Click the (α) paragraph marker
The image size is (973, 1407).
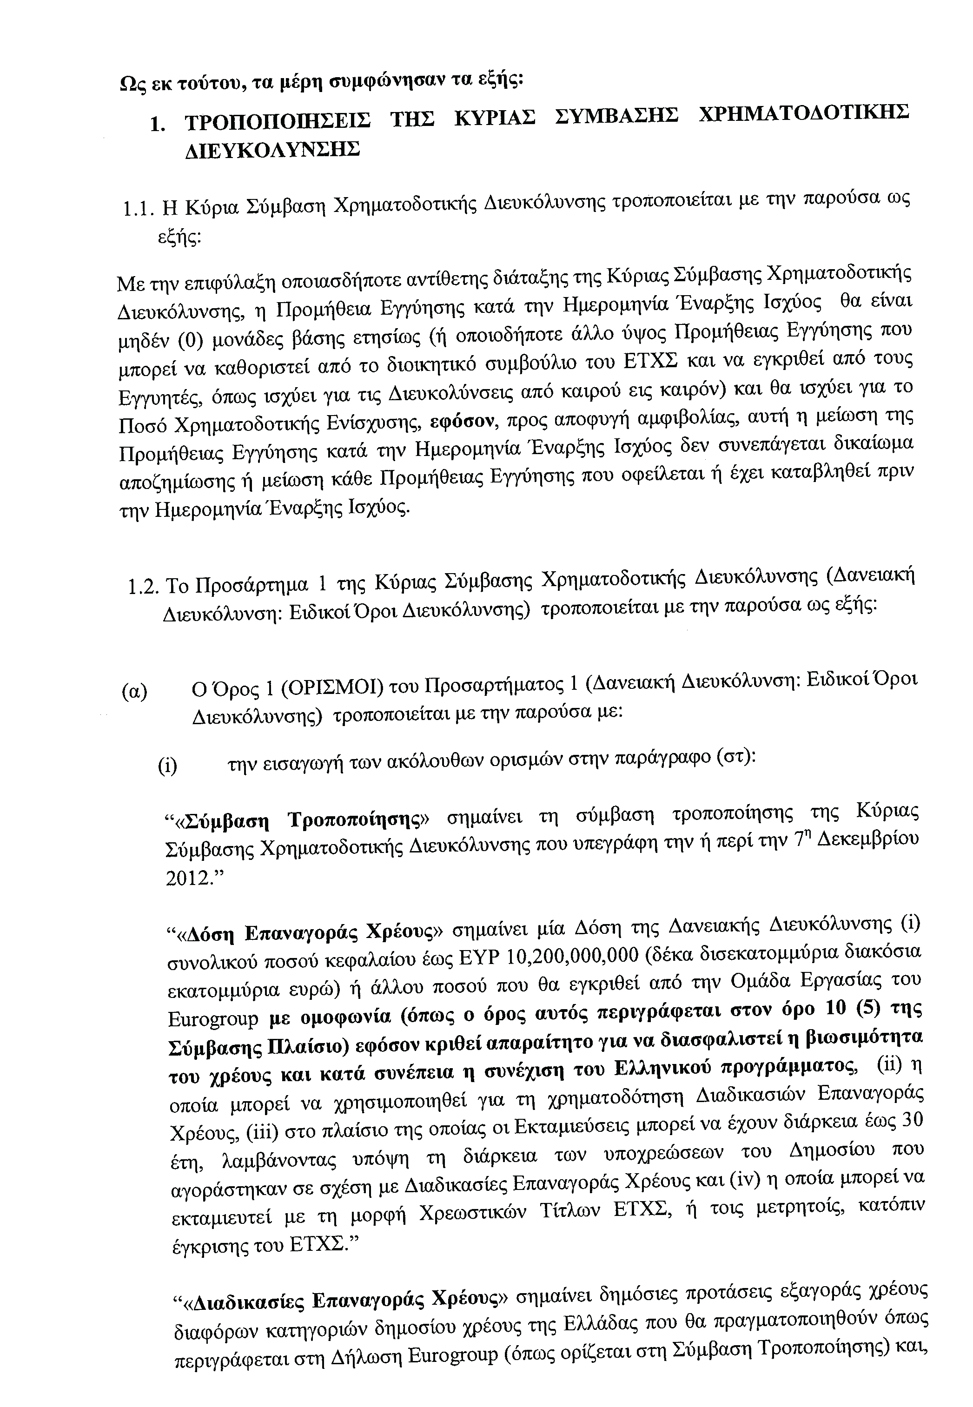134,693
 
